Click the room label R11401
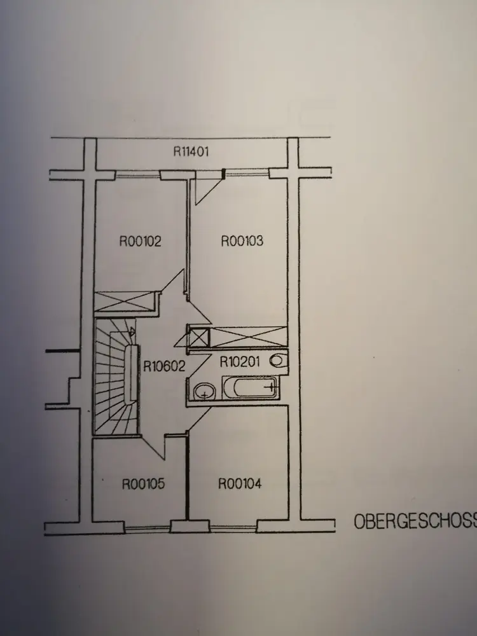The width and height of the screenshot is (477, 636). click(x=191, y=152)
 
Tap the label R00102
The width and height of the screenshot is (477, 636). click(x=141, y=242)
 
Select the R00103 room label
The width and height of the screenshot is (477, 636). click(x=242, y=242)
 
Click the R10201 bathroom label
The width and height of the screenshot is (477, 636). click(x=242, y=363)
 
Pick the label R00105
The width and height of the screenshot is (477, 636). click(x=143, y=484)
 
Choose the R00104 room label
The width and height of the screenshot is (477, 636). click(x=240, y=484)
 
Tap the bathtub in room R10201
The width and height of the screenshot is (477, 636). click(x=249, y=387)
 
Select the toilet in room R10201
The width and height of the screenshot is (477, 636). click(x=278, y=361)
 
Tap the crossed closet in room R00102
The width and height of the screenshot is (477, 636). click(x=125, y=301)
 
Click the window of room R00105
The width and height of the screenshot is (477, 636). click(x=148, y=527)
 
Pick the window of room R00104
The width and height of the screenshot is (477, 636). click(x=233, y=527)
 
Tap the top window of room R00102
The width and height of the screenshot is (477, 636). click(x=137, y=172)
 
